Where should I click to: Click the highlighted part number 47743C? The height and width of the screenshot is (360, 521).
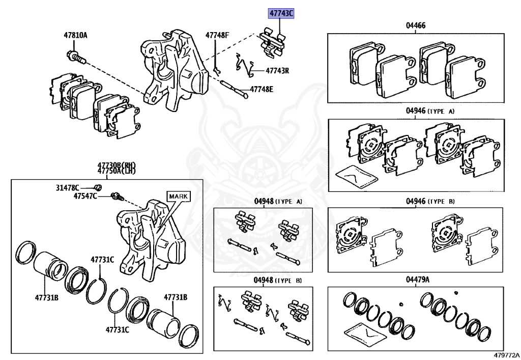281,13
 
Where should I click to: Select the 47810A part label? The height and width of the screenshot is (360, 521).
75,35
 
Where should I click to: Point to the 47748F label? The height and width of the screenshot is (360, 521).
217,35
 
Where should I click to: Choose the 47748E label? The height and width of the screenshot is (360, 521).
262,90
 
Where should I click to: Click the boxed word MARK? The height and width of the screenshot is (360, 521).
178,196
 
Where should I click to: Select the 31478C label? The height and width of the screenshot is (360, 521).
68,187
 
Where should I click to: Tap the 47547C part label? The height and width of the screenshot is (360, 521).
85,196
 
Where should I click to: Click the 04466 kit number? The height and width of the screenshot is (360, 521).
416,25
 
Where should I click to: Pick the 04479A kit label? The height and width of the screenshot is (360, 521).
417,280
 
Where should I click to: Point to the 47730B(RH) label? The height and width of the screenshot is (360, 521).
117,166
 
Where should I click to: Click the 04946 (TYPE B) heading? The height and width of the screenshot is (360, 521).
430,201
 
